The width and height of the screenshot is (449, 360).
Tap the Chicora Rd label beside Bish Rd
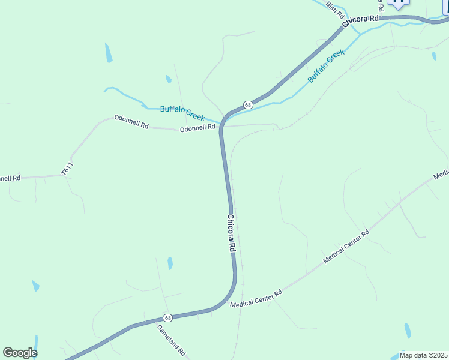361,20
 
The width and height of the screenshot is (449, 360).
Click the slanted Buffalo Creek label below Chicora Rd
326,67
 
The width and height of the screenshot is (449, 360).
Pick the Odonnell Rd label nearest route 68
197,128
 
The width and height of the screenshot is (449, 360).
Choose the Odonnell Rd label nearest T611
131,123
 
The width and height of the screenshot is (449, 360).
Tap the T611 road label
67,169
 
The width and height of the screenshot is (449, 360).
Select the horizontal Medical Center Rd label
256,299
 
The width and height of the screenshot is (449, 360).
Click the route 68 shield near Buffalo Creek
248,104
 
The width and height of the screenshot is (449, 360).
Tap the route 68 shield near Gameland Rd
167,317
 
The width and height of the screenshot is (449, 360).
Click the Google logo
20,352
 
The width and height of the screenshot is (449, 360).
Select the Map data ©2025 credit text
423,355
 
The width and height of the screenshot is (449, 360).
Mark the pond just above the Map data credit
408,331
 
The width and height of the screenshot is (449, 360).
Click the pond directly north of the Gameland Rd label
170,263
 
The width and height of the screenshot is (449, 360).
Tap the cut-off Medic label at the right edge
441,175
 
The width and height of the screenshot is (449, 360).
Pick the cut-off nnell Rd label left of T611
10,178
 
